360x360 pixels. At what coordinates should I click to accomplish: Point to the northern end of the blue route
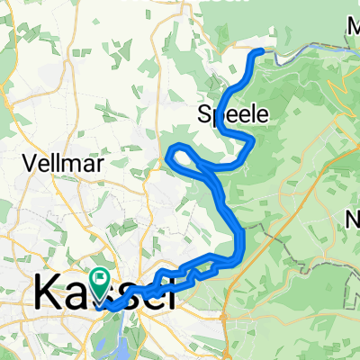point(262,51)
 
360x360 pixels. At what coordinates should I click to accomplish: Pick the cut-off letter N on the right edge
point(354,219)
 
